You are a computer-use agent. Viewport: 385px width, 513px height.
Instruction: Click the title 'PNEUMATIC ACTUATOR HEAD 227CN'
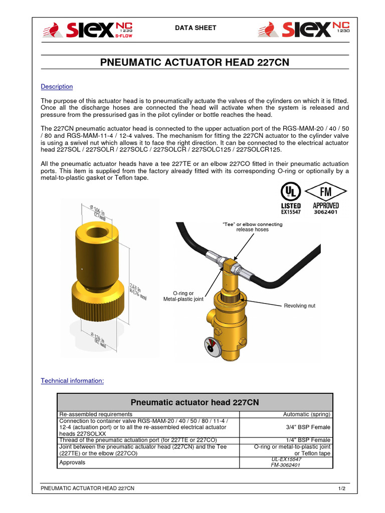pos(195,63)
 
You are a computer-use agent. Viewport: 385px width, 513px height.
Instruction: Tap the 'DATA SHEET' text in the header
pos(195,28)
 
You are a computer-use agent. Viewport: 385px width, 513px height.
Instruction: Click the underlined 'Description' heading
pos(57,87)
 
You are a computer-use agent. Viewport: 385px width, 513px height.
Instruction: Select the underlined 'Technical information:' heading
pos(72,381)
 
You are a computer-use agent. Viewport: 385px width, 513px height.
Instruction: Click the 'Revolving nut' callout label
pos(299,306)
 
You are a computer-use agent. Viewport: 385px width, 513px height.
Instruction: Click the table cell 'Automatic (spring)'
pos(307,414)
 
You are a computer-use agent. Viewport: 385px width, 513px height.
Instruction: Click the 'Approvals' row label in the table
pos(72,462)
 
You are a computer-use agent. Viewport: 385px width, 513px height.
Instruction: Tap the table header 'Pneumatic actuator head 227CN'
pos(195,402)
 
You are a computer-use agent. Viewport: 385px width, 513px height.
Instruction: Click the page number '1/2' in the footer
pos(341,488)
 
